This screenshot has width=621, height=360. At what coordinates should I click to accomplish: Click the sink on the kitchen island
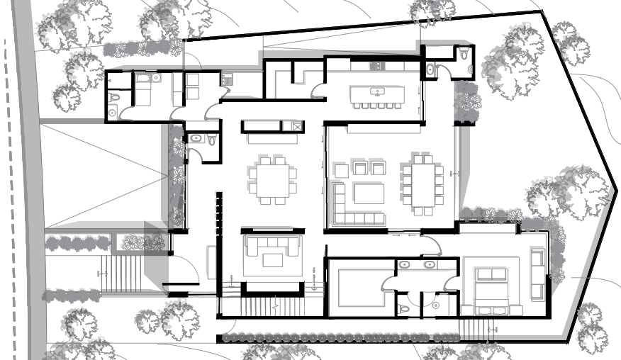coord(377,91)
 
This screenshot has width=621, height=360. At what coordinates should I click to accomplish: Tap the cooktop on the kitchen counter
coord(376,66)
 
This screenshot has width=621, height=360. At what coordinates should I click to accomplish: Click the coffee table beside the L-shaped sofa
coord(369,193)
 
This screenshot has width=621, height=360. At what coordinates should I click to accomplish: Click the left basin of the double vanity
coord(404,265)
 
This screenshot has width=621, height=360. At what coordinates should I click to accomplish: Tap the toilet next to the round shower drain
coord(403,308)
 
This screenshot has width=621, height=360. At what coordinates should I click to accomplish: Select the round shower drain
coord(435,305)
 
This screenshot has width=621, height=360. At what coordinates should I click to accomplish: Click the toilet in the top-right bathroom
coord(464,55)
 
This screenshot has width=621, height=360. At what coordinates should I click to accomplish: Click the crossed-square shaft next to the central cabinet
coord(292,126)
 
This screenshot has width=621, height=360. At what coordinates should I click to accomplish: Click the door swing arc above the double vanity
coord(430,245)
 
